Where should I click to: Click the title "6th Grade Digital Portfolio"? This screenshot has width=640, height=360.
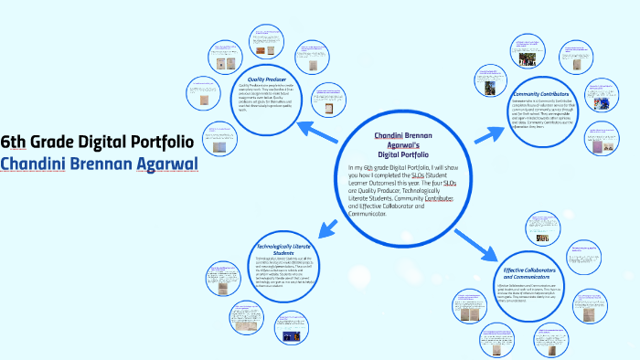point(96,142)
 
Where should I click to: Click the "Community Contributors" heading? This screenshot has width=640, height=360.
point(541,94)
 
